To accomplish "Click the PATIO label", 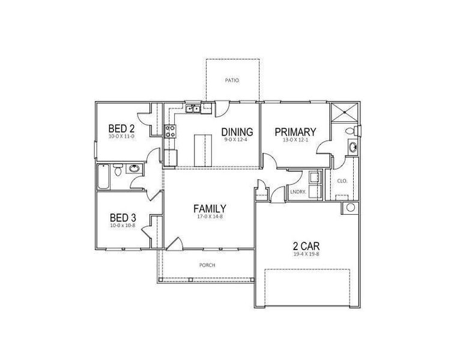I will [231, 79].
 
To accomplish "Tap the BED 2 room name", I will [121, 128].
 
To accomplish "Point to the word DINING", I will [237, 132].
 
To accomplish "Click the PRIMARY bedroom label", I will [295, 132].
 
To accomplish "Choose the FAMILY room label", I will [210, 209].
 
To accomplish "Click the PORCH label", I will [207, 265].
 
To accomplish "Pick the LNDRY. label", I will [298, 192].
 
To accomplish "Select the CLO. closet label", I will [342, 181].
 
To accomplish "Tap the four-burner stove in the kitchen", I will [169, 131].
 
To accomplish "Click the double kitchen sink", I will [193, 109].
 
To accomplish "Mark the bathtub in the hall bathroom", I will [104, 178].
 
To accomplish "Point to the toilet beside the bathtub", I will [118, 171].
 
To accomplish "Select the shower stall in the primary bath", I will [343, 113].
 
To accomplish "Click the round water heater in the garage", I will [349, 208].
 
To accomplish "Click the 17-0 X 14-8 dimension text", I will [210, 217].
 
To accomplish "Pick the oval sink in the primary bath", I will [353, 147].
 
